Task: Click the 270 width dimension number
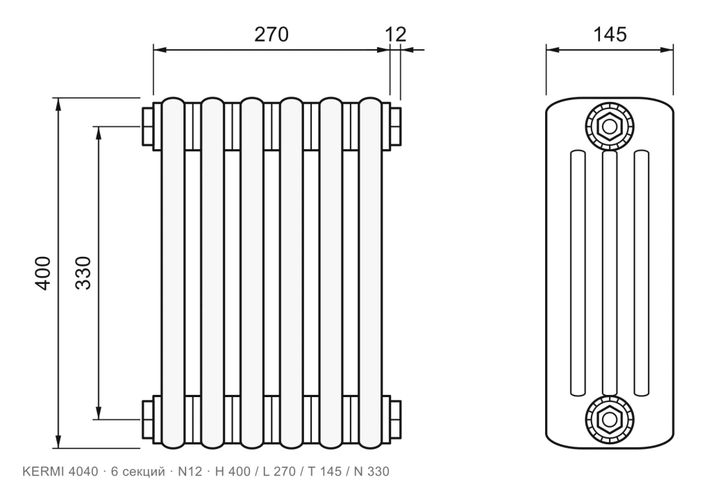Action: point(271,34)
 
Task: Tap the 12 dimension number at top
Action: point(396,34)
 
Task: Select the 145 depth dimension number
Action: point(610,34)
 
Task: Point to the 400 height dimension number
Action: point(44,273)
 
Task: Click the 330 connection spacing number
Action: point(83,273)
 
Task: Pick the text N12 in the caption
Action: point(190,471)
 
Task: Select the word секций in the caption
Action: point(144,472)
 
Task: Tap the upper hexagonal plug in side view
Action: point(610,126)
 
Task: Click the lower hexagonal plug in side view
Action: point(610,419)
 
